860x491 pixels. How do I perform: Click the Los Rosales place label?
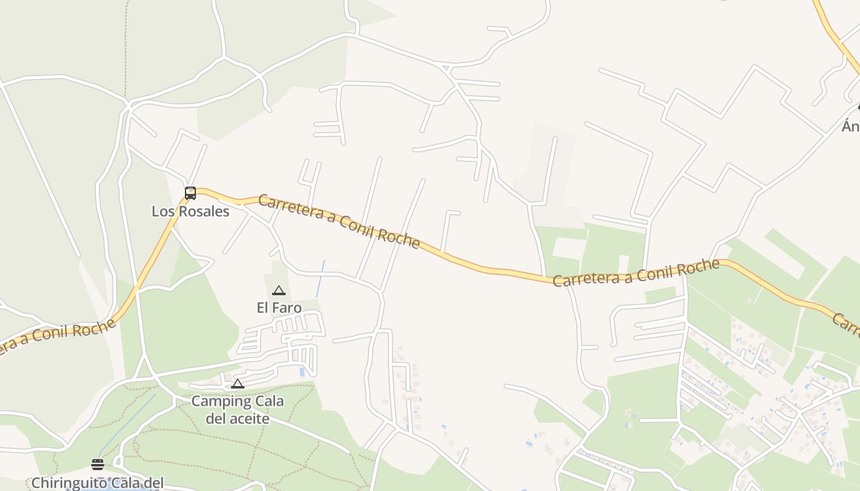tap(190, 212)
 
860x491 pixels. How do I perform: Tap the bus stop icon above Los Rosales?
tap(190, 193)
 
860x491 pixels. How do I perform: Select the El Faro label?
tap(279, 307)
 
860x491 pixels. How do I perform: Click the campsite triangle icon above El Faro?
tap(279, 290)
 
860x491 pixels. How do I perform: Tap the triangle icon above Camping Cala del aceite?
tap(238, 384)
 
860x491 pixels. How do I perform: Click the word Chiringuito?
tap(68, 483)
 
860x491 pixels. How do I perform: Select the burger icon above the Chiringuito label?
tap(97, 464)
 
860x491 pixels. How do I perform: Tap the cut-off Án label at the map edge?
tap(851, 126)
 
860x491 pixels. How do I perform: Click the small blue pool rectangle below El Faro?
tap(301, 372)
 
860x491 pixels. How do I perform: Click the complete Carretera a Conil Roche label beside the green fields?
tap(636, 273)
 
